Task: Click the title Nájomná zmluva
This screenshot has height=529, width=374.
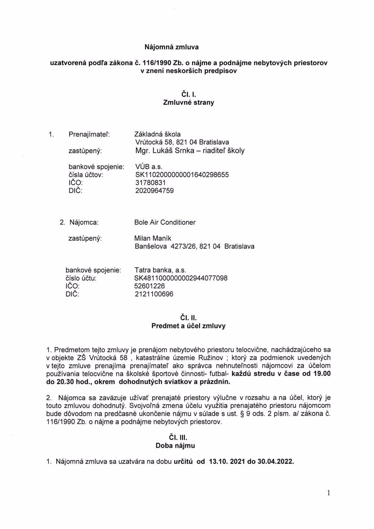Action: coord(171,47)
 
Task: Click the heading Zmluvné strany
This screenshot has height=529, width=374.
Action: coord(188,103)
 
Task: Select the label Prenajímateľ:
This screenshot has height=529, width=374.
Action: coord(89,134)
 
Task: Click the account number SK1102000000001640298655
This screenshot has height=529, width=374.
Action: coord(182,175)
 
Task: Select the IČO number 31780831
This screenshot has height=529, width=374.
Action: coord(150,183)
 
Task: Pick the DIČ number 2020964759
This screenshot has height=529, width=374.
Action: coord(154,191)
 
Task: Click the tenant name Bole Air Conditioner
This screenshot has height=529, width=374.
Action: coord(165,222)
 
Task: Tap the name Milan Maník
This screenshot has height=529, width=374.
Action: coord(153,238)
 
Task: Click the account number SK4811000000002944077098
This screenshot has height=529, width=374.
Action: coord(181,278)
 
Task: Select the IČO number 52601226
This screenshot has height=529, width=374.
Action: coord(150,286)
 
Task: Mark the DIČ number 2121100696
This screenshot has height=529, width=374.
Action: coord(154,294)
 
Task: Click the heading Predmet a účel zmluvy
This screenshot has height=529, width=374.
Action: coord(188,326)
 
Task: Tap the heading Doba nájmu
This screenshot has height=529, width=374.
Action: coord(175,445)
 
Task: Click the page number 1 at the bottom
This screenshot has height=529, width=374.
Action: coord(328,493)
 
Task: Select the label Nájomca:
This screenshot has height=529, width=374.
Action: coord(84,222)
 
